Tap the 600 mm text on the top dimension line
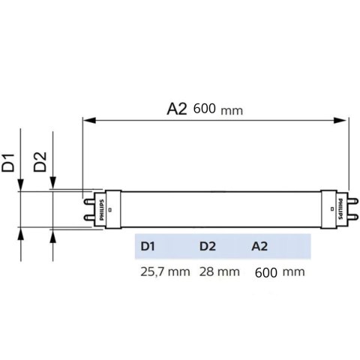pyautogui.click(x=217, y=109)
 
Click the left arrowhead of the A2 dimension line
pyautogui.click(x=88, y=118)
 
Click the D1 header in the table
pyautogui.click(x=147, y=246)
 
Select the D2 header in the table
pyautogui.click(x=208, y=246)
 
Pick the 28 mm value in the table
pyautogui.click(x=220, y=271)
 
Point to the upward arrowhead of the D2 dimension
pyautogui.click(x=52, y=233)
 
